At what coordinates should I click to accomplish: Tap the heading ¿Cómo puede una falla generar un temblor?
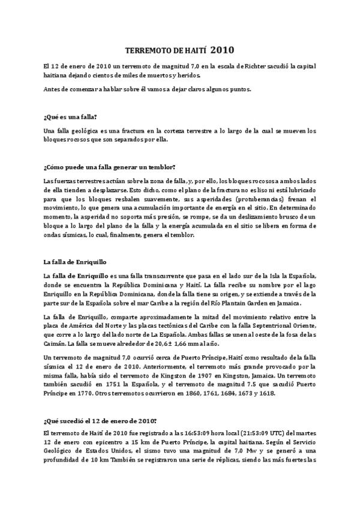109,166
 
